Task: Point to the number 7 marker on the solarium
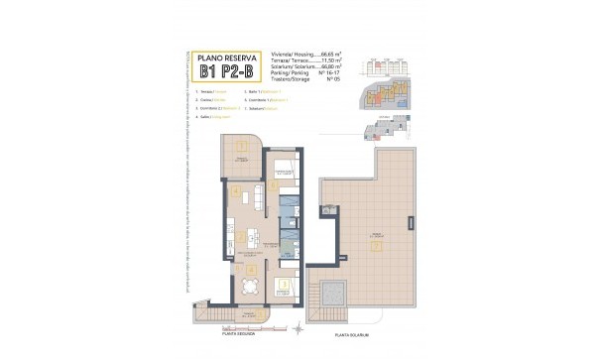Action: click(x=375, y=245)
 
